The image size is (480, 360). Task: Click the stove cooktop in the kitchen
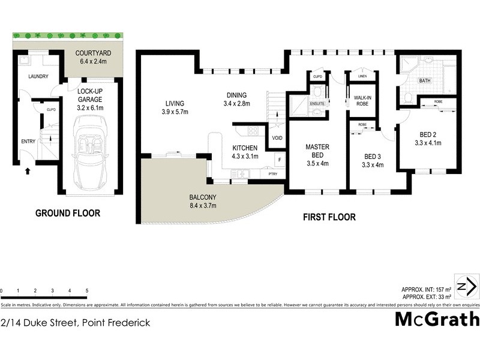[x=253, y=130]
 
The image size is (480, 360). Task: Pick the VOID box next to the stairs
[x=277, y=138]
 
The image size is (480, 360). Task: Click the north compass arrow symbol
[x=467, y=286]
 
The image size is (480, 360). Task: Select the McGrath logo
[x=437, y=319]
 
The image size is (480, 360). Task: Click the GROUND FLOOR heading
[x=67, y=213]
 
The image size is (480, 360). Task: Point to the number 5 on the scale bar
[x=88, y=290]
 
